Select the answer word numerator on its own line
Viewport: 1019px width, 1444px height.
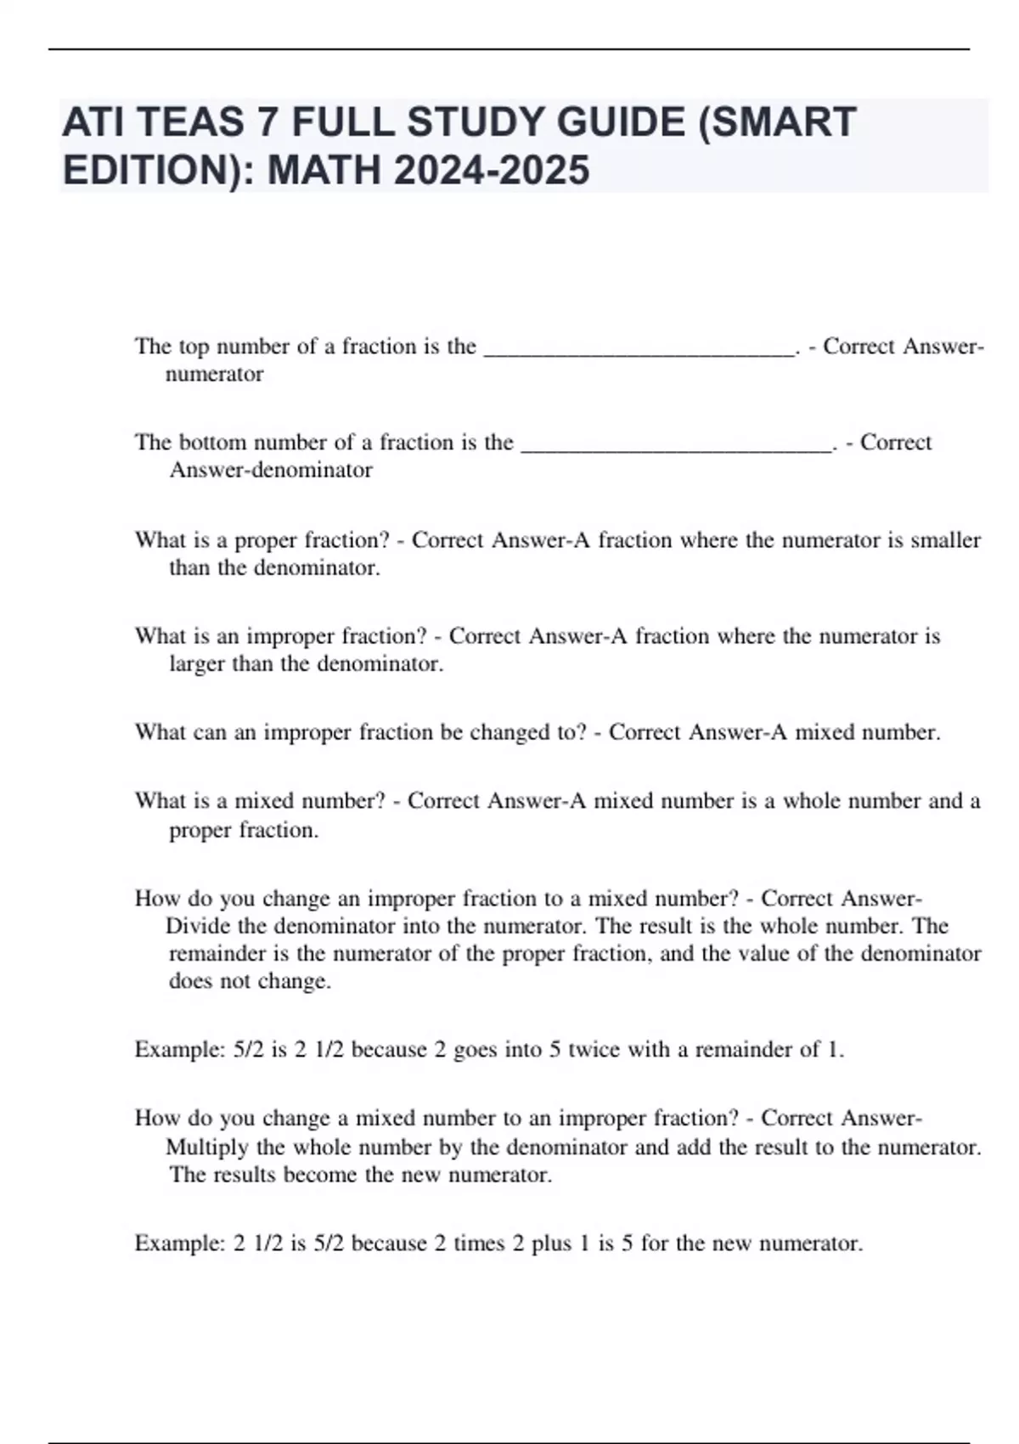[x=214, y=375]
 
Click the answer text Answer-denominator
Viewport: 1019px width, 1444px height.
[x=271, y=471]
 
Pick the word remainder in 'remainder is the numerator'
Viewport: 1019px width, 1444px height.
[x=217, y=954]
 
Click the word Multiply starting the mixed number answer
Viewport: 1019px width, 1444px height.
[x=207, y=1148]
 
